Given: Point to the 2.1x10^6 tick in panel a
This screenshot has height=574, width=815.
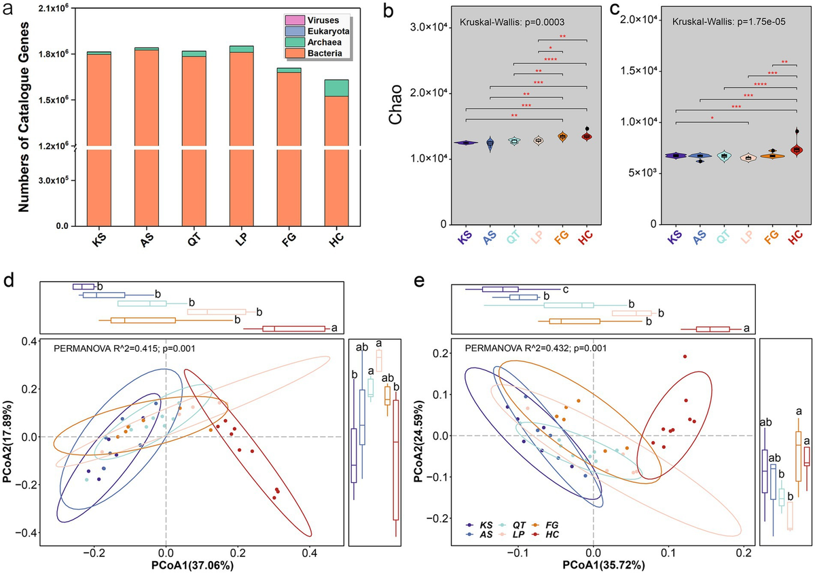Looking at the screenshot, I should point(53,7).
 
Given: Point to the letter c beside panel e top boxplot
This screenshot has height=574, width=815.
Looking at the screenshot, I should point(565,289).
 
